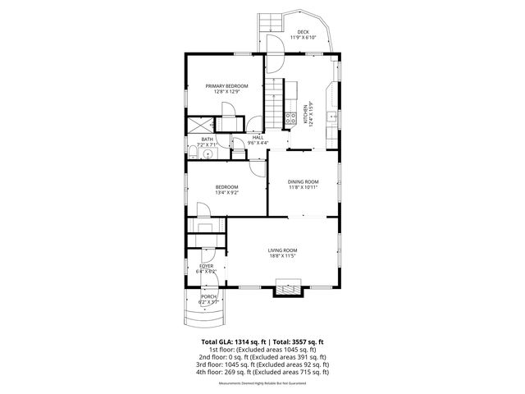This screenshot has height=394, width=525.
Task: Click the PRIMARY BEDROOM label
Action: (x=226, y=86)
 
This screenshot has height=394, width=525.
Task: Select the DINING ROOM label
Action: (x=303, y=181)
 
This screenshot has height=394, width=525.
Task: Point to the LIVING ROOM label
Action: (x=282, y=250)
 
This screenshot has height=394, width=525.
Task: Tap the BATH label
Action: (x=207, y=140)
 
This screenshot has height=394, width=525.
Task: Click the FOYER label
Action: (x=207, y=266)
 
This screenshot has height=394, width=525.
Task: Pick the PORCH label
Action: (x=208, y=296)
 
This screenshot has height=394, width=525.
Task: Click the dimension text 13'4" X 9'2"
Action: (x=226, y=193)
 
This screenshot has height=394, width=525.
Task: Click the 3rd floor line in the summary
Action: (x=263, y=364)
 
